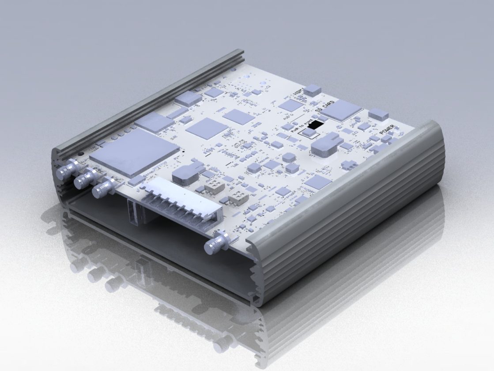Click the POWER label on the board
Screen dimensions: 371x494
click(387, 131)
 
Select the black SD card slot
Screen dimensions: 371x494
click(314, 125)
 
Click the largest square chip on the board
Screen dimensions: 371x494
click(134, 152)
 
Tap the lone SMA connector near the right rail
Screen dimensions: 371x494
click(216, 242)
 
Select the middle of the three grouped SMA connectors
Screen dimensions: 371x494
click(84, 180)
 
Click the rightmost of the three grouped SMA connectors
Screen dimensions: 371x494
click(102, 189)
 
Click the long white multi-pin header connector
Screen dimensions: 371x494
click(181, 203)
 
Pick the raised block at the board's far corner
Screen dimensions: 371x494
click(378, 115)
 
